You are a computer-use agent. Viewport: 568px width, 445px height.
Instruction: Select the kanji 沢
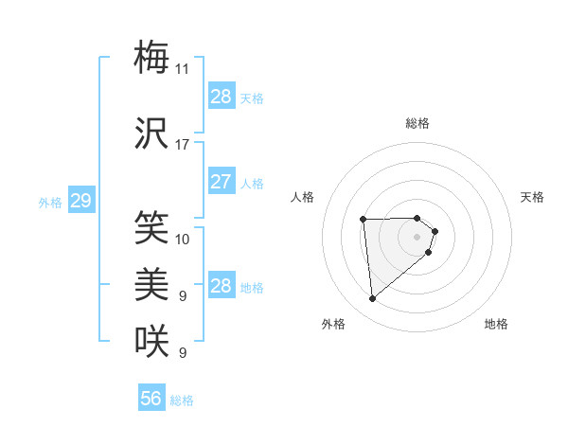tap(151, 133)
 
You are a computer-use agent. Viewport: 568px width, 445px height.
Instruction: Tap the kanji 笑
tap(151, 227)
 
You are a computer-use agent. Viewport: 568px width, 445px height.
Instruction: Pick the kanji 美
tap(151, 285)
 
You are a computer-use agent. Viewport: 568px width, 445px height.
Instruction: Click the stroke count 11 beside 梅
tap(183, 68)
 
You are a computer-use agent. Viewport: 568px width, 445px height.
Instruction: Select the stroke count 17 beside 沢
tap(183, 145)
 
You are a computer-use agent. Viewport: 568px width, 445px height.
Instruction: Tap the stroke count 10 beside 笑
tap(183, 239)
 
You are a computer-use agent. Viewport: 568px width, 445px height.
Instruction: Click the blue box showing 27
tap(222, 182)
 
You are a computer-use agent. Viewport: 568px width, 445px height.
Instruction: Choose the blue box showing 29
tap(80, 201)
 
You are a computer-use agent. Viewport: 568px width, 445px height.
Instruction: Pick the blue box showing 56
tap(151, 399)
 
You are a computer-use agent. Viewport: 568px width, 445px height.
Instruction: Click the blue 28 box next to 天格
tap(222, 97)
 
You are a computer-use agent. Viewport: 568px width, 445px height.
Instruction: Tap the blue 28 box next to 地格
tap(222, 286)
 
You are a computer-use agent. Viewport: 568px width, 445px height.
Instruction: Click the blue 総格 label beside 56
tap(182, 400)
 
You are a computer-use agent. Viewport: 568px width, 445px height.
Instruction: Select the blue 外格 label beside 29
tap(49, 203)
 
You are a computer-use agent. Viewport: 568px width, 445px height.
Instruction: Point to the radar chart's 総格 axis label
tap(417, 123)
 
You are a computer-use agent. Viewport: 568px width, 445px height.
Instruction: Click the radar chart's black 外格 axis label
tap(333, 325)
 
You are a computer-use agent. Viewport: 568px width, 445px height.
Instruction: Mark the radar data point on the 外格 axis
tap(373, 299)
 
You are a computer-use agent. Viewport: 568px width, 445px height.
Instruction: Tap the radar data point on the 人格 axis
tap(364, 220)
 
